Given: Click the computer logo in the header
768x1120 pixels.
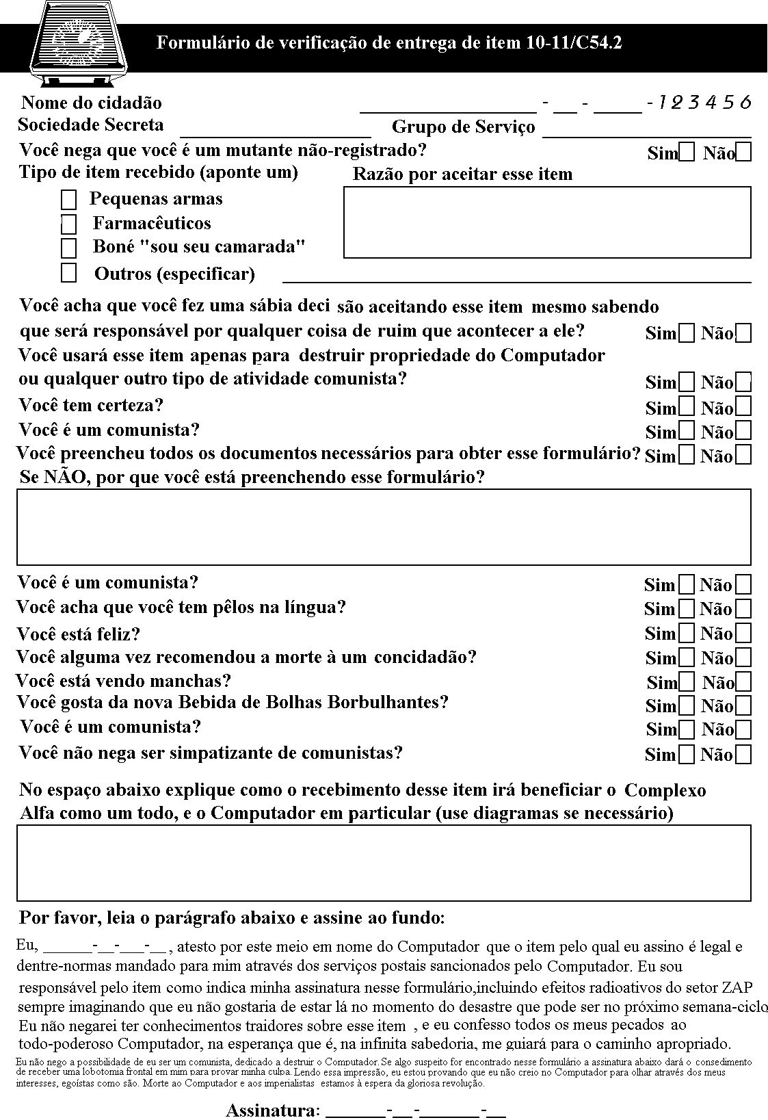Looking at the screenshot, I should point(79,42).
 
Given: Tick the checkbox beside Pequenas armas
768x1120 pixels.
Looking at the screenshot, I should point(68,200).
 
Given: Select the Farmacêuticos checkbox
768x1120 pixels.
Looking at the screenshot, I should point(68,224).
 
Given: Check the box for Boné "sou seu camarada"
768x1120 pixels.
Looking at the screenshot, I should point(68,248).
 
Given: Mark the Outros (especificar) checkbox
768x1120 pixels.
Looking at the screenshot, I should point(68,273).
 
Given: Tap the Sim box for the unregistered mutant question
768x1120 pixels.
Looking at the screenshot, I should point(687,152).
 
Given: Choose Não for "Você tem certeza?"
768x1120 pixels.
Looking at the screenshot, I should point(743,406).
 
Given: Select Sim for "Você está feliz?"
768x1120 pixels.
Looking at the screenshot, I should point(687,633).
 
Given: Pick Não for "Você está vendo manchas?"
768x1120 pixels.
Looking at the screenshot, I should point(743,681).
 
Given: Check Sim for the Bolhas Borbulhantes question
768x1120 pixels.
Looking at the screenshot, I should point(687,705).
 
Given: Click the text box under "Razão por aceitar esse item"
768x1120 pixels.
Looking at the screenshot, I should point(547,222).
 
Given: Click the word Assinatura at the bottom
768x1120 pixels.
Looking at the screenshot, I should point(273,1110).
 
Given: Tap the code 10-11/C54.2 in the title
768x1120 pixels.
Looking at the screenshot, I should point(574,43).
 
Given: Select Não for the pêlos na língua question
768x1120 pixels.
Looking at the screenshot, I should point(743,608).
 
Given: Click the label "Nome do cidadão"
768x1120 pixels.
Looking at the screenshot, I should point(92,103).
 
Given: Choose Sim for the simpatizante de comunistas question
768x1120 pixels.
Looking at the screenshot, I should point(687,755).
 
